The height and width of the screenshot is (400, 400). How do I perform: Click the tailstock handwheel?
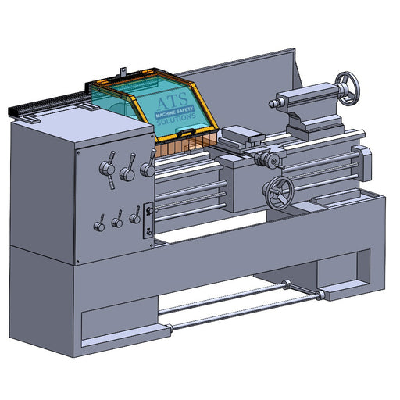click(x=348, y=88)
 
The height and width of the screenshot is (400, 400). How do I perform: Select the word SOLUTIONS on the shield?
click(x=176, y=120)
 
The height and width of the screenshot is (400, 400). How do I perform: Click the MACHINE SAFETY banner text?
click(x=174, y=112)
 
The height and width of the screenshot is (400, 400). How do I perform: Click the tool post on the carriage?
click(x=241, y=135)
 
